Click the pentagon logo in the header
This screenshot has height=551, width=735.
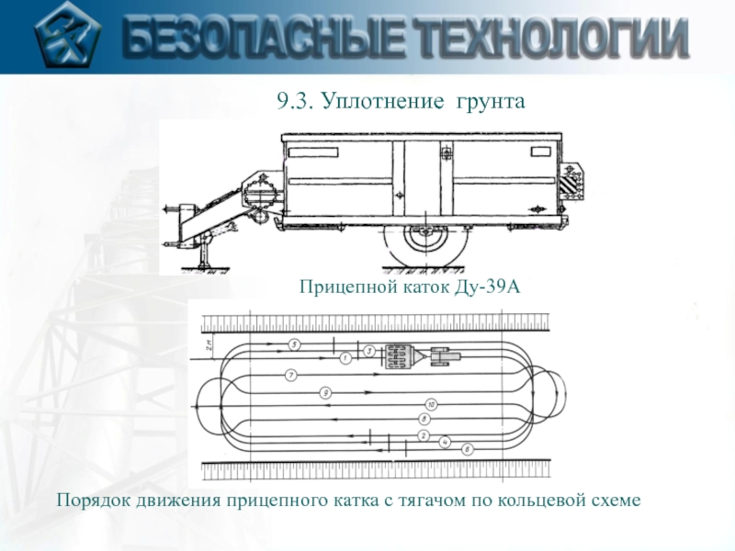[x=67, y=37]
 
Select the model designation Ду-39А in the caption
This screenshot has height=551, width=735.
[x=488, y=287]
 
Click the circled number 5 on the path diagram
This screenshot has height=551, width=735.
[x=294, y=345]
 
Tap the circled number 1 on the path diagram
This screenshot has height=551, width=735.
[x=345, y=359]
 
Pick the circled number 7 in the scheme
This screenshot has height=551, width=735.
[x=291, y=376]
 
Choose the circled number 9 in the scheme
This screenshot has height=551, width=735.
[x=325, y=393]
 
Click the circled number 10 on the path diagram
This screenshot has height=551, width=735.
[x=431, y=404]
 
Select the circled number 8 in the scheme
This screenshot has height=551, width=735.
[x=424, y=419]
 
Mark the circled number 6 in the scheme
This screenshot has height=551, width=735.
[x=467, y=450]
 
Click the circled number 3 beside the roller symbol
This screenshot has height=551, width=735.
[x=369, y=351]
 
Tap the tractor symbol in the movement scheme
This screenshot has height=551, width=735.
[x=446, y=356]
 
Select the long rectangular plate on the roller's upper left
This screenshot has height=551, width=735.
[x=313, y=152]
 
